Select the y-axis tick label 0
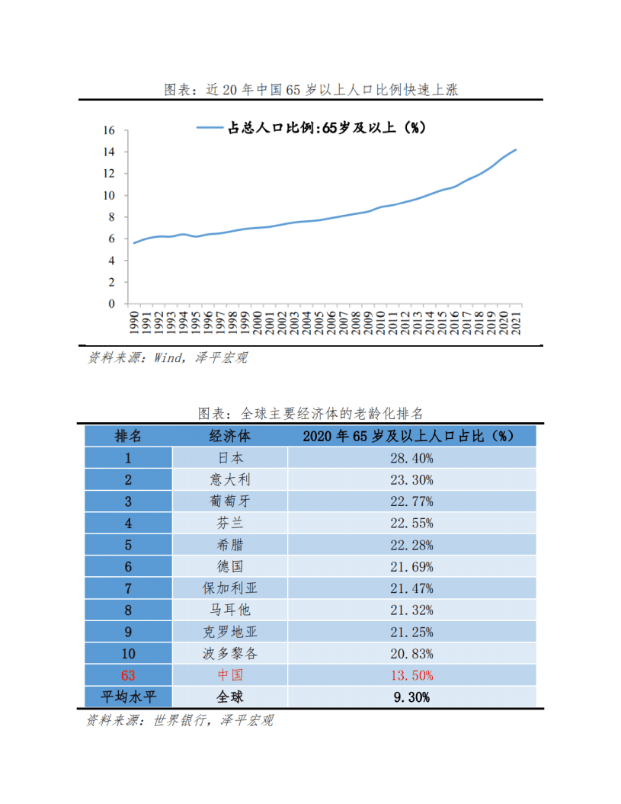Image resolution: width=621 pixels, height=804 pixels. point(111,303)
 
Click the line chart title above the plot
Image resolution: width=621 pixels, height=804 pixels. point(311,89)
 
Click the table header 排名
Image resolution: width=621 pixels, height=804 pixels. point(128,436)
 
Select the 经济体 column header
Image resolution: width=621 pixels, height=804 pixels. point(229,436)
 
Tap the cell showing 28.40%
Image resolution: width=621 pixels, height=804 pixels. point(412,458)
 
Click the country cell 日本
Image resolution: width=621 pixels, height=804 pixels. point(229,458)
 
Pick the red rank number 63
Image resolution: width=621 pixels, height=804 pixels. point(128,675)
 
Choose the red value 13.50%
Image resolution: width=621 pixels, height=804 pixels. point(412,675)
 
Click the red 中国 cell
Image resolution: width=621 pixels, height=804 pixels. point(229,675)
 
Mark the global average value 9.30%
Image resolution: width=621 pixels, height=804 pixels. point(412,697)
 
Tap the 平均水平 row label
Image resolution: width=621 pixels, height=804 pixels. point(128,697)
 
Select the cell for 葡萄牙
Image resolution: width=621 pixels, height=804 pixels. point(229,501)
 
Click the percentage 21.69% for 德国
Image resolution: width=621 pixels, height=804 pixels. point(412,566)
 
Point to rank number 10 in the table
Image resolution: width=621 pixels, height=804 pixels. point(128,653)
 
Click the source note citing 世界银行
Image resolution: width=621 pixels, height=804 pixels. point(179,720)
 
